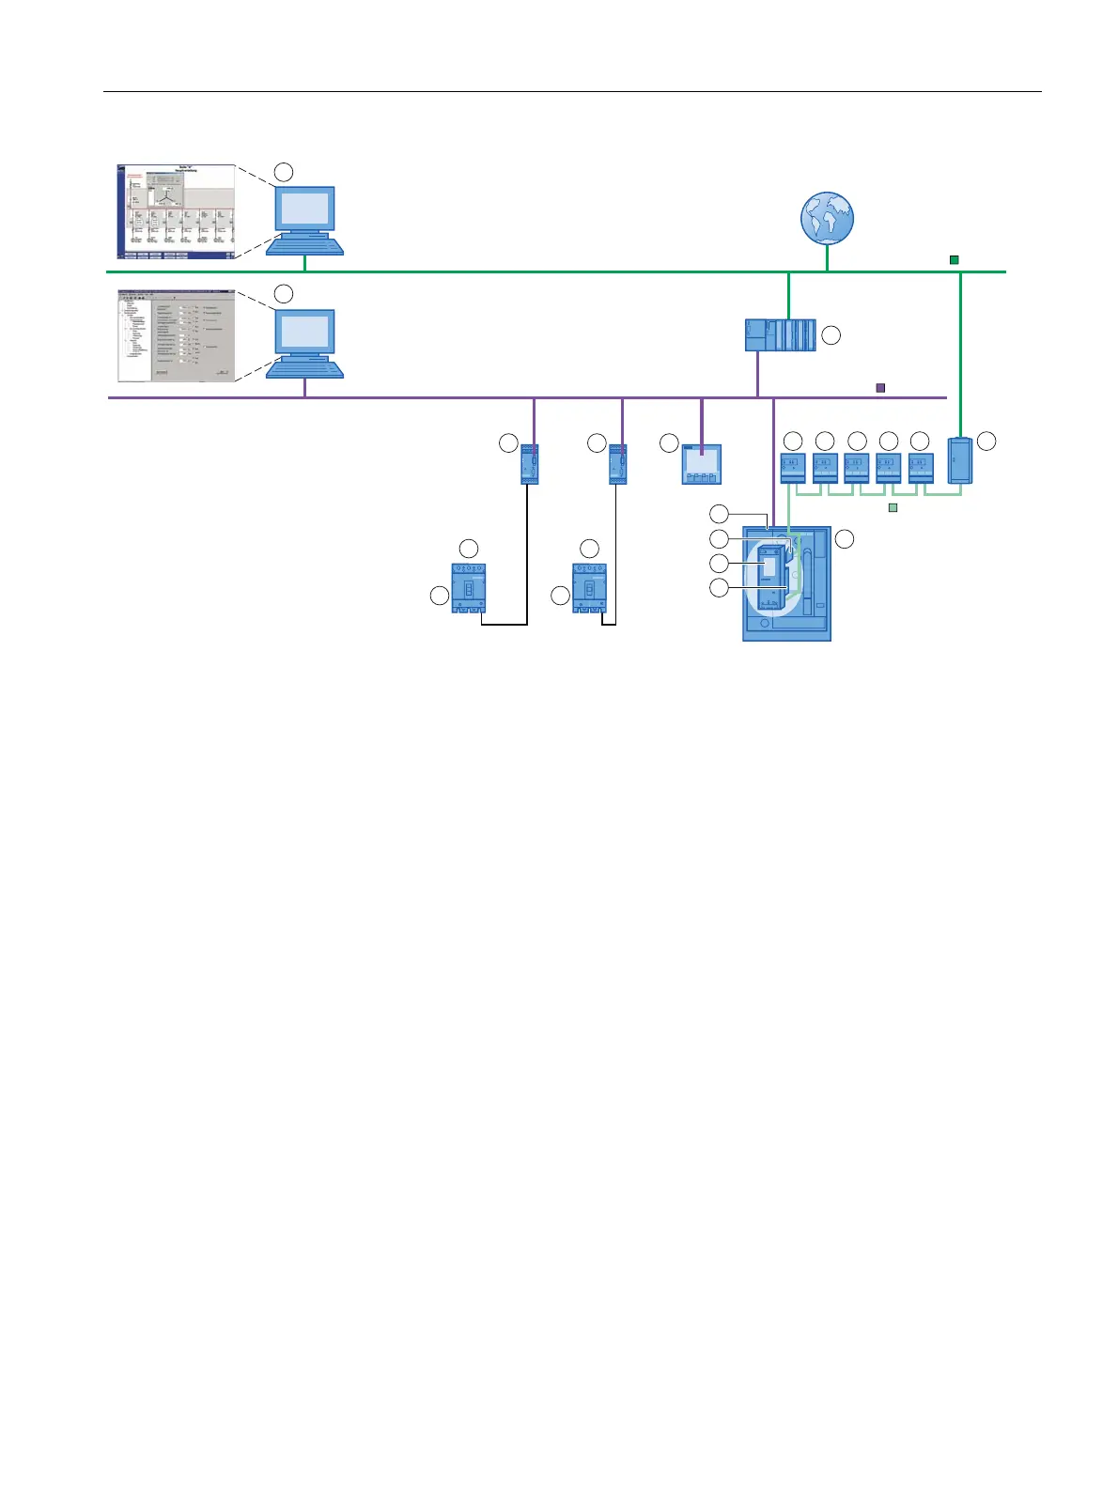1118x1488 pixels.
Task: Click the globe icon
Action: tap(827, 218)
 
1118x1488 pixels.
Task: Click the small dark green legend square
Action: tap(955, 260)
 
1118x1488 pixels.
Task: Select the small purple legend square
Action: tap(880, 387)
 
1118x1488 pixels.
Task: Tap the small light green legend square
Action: tap(893, 507)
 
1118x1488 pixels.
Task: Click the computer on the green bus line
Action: tap(304, 220)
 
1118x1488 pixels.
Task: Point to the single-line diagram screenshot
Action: tap(176, 212)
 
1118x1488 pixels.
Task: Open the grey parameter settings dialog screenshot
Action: tap(176, 335)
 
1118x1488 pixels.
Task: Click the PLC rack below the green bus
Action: tap(780, 335)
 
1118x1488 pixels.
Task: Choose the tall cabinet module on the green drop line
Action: tap(960, 460)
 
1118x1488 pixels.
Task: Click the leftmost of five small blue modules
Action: tap(793, 467)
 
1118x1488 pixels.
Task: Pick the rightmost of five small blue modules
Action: tap(921, 467)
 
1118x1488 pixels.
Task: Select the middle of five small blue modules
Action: tap(857, 467)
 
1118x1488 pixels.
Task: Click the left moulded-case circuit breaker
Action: tap(468, 588)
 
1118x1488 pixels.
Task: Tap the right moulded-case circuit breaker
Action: tap(589, 588)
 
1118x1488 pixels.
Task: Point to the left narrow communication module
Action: tap(530, 463)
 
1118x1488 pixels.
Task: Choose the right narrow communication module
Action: tap(618, 463)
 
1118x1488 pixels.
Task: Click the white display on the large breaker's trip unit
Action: tap(769, 565)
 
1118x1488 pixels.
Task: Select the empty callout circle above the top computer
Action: tap(284, 171)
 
